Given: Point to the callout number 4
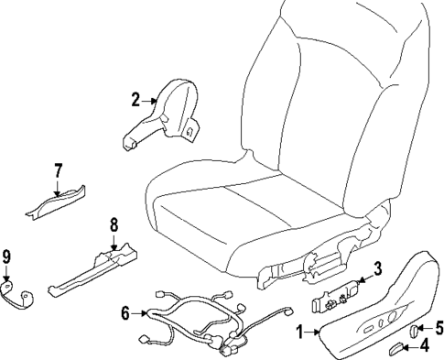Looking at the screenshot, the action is pyautogui.click(x=424, y=344).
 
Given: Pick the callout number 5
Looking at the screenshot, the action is pyautogui.click(x=439, y=325).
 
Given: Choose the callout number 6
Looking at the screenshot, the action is pyautogui.click(x=126, y=313).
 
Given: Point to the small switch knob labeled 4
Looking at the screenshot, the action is pyautogui.click(x=399, y=346).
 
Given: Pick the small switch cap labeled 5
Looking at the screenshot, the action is pyautogui.click(x=414, y=330).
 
